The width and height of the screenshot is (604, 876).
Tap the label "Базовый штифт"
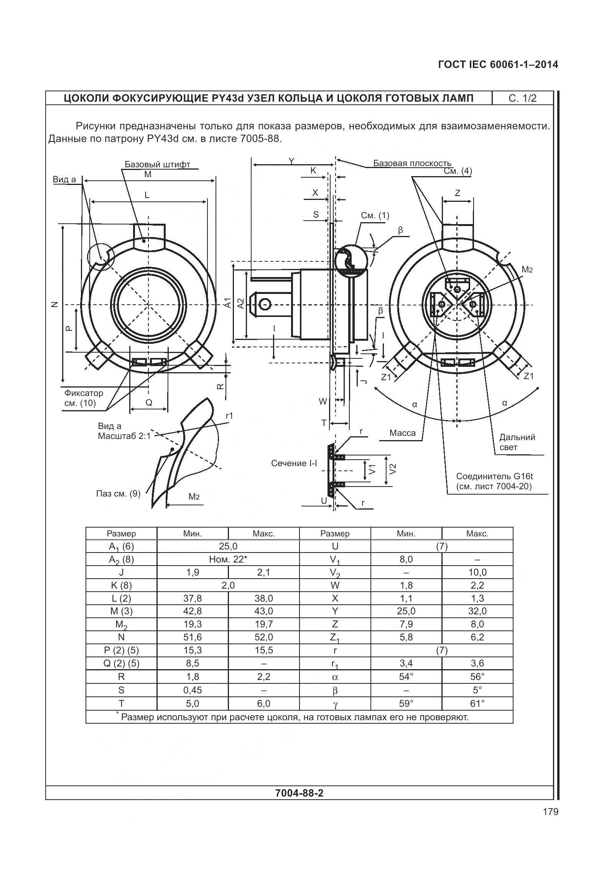coord(157,165)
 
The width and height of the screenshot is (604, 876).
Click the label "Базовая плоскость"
coord(412,163)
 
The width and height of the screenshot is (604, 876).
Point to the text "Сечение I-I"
coord(294,464)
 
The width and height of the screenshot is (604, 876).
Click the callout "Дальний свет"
coord(517,442)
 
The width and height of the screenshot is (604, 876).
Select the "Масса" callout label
coord(402,433)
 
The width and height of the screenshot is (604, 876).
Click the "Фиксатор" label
coord(84,393)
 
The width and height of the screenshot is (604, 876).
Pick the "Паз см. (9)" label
coord(118,493)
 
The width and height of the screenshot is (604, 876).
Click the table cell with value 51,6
coord(193,637)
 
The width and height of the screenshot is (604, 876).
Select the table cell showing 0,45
coord(193,690)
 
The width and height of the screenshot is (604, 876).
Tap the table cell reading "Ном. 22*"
coord(228,559)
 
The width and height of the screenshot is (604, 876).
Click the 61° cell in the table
coord(477,703)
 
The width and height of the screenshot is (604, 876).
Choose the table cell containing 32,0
coord(477,611)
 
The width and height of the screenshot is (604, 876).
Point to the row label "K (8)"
coord(121,586)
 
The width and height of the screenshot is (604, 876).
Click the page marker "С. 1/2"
coord(522,98)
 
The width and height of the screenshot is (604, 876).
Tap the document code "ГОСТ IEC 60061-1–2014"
coord(497,65)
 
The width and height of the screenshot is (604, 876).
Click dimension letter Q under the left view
coord(149,403)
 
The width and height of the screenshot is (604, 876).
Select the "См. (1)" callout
coord(375,216)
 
